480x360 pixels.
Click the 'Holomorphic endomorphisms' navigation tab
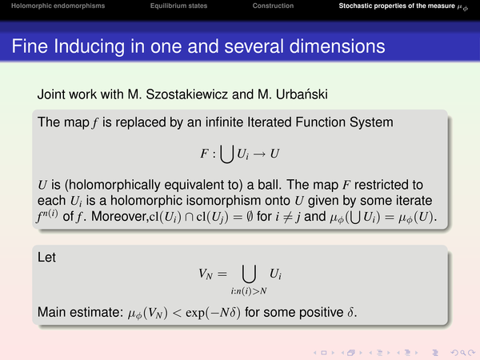click(x=58, y=6)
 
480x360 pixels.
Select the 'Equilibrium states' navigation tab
click(x=178, y=6)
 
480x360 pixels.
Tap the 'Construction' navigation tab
click(x=273, y=6)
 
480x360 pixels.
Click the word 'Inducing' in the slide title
click(x=90, y=46)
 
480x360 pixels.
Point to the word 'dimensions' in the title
click(x=337, y=46)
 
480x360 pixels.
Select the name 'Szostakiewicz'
click(x=186, y=94)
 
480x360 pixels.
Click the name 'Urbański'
click(x=302, y=94)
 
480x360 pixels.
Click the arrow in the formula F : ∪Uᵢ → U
click(x=259, y=154)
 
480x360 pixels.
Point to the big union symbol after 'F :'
click(x=227, y=154)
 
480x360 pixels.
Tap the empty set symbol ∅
click(x=250, y=217)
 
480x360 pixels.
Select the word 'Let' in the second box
click(x=46, y=257)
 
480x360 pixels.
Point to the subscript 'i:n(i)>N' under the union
click(x=249, y=291)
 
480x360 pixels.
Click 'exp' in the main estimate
click(x=194, y=313)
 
